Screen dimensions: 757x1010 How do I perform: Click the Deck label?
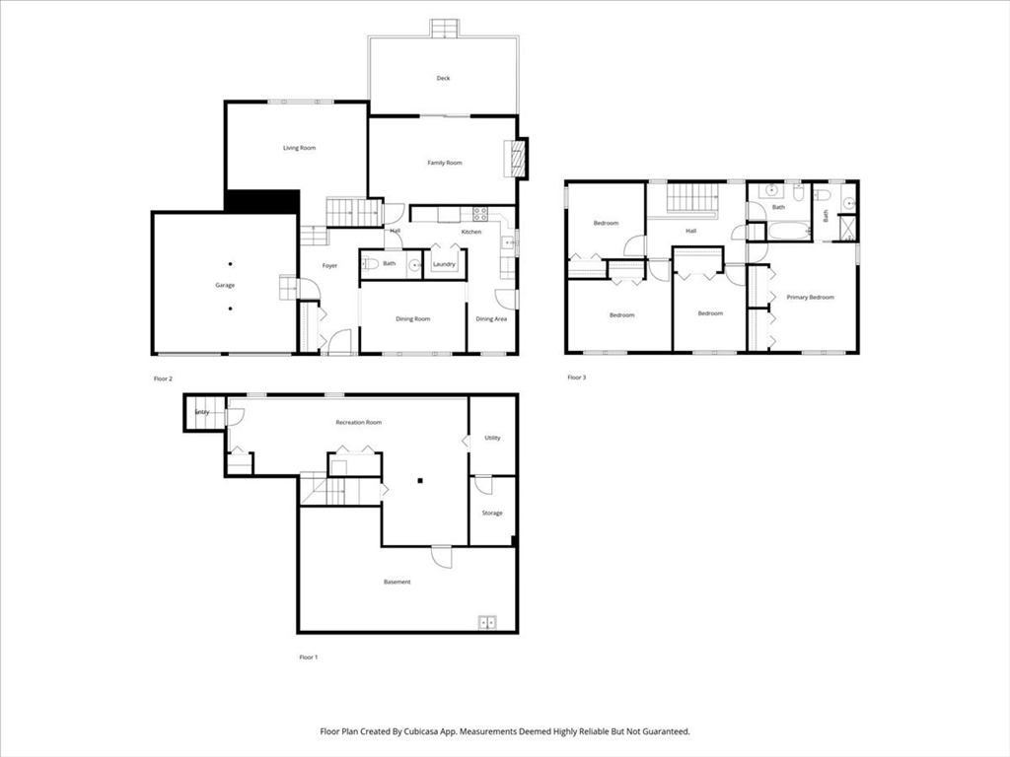point(443,78)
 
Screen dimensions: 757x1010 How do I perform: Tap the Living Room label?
point(299,148)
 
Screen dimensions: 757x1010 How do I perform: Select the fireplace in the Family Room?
point(515,158)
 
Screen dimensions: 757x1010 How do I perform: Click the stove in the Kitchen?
point(481,212)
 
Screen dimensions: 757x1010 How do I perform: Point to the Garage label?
point(225,285)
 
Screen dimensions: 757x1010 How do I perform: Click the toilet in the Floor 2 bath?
point(372,263)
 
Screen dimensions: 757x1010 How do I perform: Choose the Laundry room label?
point(444,264)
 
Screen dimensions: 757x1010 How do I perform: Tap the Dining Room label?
point(412,318)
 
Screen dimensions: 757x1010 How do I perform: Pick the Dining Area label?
point(491,318)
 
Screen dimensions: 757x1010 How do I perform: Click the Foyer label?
point(329,265)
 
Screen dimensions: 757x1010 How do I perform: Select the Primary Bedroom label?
point(810,297)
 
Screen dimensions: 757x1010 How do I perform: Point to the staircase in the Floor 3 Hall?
point(690,198)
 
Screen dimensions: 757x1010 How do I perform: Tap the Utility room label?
point(492,437)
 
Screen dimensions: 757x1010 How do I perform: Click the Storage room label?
point(492,513)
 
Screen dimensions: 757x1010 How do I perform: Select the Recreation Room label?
point(358,422)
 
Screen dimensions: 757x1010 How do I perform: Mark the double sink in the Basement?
point(487,622)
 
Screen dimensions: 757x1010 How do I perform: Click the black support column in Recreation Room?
point(419,481)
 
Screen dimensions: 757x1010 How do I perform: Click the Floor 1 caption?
point(309,656)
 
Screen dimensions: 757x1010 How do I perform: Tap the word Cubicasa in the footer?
point(455,731)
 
